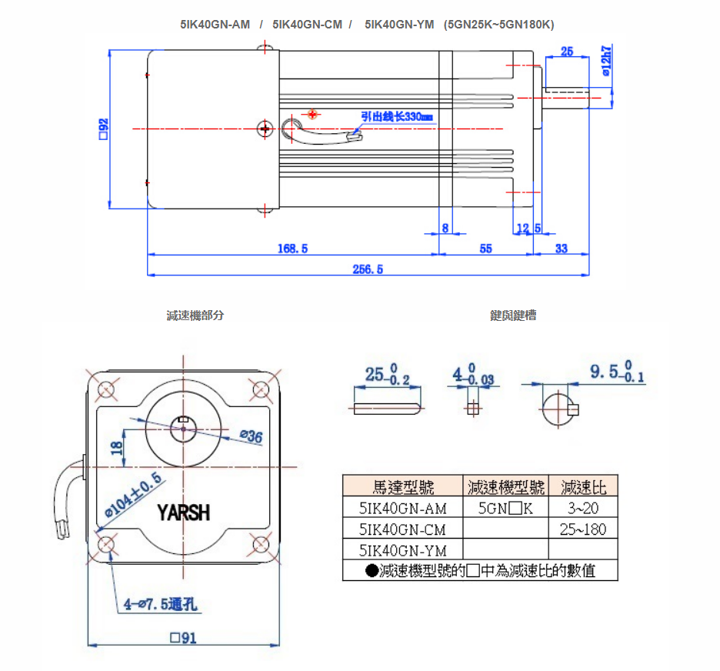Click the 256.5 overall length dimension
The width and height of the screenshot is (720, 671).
pyautogui.click(x=368, y=269)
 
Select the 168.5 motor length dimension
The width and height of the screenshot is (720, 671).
pyautogui.click(x=293, y=249)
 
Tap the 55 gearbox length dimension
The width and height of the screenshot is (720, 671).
pyautogui.click(x=485, y=249)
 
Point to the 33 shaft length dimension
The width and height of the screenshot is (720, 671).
pyautogui.click(x=561, y=249)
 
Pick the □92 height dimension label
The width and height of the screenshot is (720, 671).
pyautogui.click(x=102, y=129)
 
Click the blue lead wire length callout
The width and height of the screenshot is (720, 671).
pyautogui.click(x=398, y=116)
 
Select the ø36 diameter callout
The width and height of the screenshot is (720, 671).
pyautogui.click(x=251, y=437)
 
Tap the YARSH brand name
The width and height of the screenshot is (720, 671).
pyautogui.click(x=183, y=512)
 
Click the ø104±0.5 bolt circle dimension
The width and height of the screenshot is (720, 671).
pyautogui.click(x=133, y=496)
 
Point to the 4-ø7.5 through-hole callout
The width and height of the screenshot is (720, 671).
pyautogui.click(x=161, y=604)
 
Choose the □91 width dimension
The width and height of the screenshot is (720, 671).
pyautogui.click(x=183, y=637)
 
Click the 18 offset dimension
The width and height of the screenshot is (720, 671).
pyautogui.click(x=117, y=447)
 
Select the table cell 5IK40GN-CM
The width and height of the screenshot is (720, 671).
pyautogui.click(x=403, y=529)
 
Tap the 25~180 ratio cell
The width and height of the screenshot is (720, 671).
pyautogui.click(x=583, y=529)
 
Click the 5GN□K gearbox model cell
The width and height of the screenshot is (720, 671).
pyautogui.click(x=505, y=508)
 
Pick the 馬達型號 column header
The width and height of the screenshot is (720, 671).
pyautogui.click(x=403, y=487)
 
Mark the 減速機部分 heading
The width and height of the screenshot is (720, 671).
pyautogui.click(x=195, y=315)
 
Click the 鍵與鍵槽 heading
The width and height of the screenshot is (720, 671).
pyautogui.click(x=513, y=315)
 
